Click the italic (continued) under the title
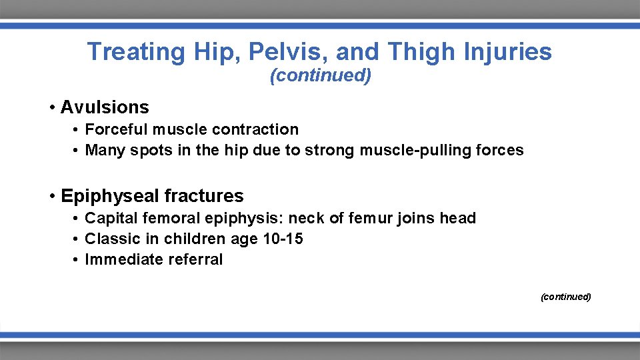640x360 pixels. coord(320,76)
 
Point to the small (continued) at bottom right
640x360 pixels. coord(565,297)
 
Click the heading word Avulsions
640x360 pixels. coord(105,107)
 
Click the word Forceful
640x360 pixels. coord(116,129)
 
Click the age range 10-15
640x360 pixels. coord(283,239)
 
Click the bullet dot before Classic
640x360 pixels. coord(77,239)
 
